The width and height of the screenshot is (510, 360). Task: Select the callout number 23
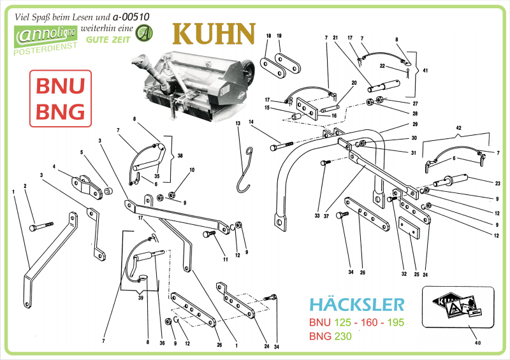click(497, 184)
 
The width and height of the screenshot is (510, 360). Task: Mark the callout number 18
click(269, 36)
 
